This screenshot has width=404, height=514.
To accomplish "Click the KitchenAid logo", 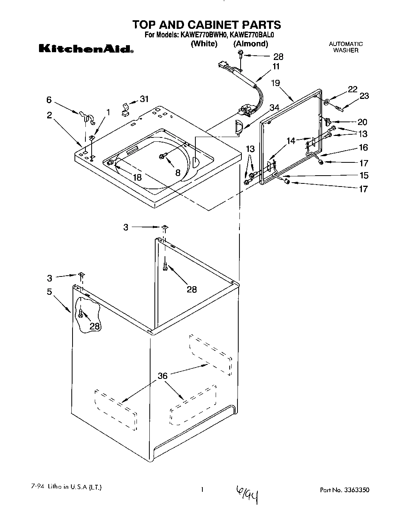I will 86,49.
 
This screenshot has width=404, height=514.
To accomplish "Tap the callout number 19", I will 275,83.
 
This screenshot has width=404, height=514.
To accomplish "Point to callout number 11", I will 276,66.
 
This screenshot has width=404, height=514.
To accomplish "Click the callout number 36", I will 163,376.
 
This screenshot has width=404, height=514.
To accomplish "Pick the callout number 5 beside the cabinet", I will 50,292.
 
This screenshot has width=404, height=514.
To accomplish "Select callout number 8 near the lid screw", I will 178,173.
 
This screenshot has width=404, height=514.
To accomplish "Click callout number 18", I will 136,177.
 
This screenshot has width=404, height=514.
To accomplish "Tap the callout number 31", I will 144,99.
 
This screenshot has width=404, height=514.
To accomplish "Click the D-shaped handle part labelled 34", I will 237,128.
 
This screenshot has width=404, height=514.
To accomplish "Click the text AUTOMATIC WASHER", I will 346,47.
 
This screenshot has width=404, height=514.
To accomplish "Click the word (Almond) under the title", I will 251,44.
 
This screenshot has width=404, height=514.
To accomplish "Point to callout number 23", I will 364,96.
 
